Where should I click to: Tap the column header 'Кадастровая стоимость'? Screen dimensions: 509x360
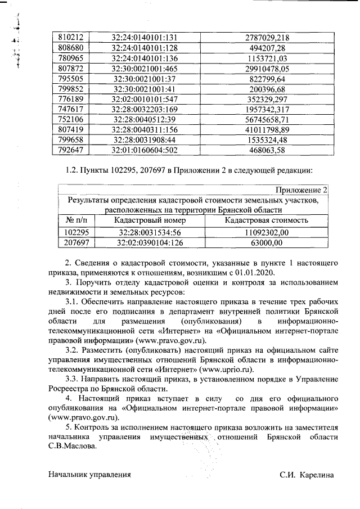[266, 220]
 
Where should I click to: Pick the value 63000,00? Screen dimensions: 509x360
[266, 242]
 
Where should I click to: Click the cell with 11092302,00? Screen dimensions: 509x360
[266, 232]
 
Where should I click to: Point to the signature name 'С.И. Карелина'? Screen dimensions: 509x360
[307, 474]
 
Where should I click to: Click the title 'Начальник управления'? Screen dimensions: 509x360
[90, 474]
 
